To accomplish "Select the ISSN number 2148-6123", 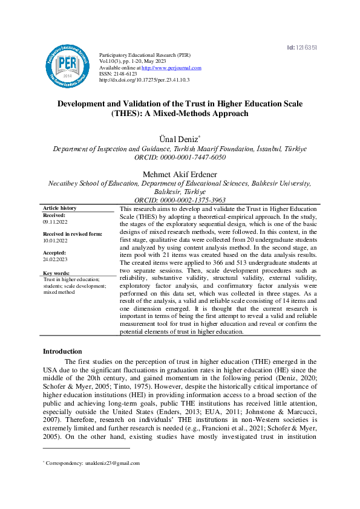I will pyautogui.click(x=124, y=74).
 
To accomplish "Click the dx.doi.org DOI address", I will pyautogui.click(x=144, y=80).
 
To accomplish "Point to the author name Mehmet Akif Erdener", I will pyautogui.click(x=180, y=173).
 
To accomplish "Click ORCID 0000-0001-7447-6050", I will pyautogui.click(x=180, y=157).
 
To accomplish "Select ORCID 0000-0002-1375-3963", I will pyautogui.click(x=180, y=199).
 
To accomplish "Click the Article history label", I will pyautogui.click(x=60, y=208).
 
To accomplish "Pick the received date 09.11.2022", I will pyautogui.click(x=55, y=222).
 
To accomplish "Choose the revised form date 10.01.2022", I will pyautogui.click(x=55, y=241).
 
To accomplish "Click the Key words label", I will pyautogui.click(x=56, y=273).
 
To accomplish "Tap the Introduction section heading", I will pyautogui.click(x=62, y=351).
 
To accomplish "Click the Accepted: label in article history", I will pyautogui.click(x=54, y=253).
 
